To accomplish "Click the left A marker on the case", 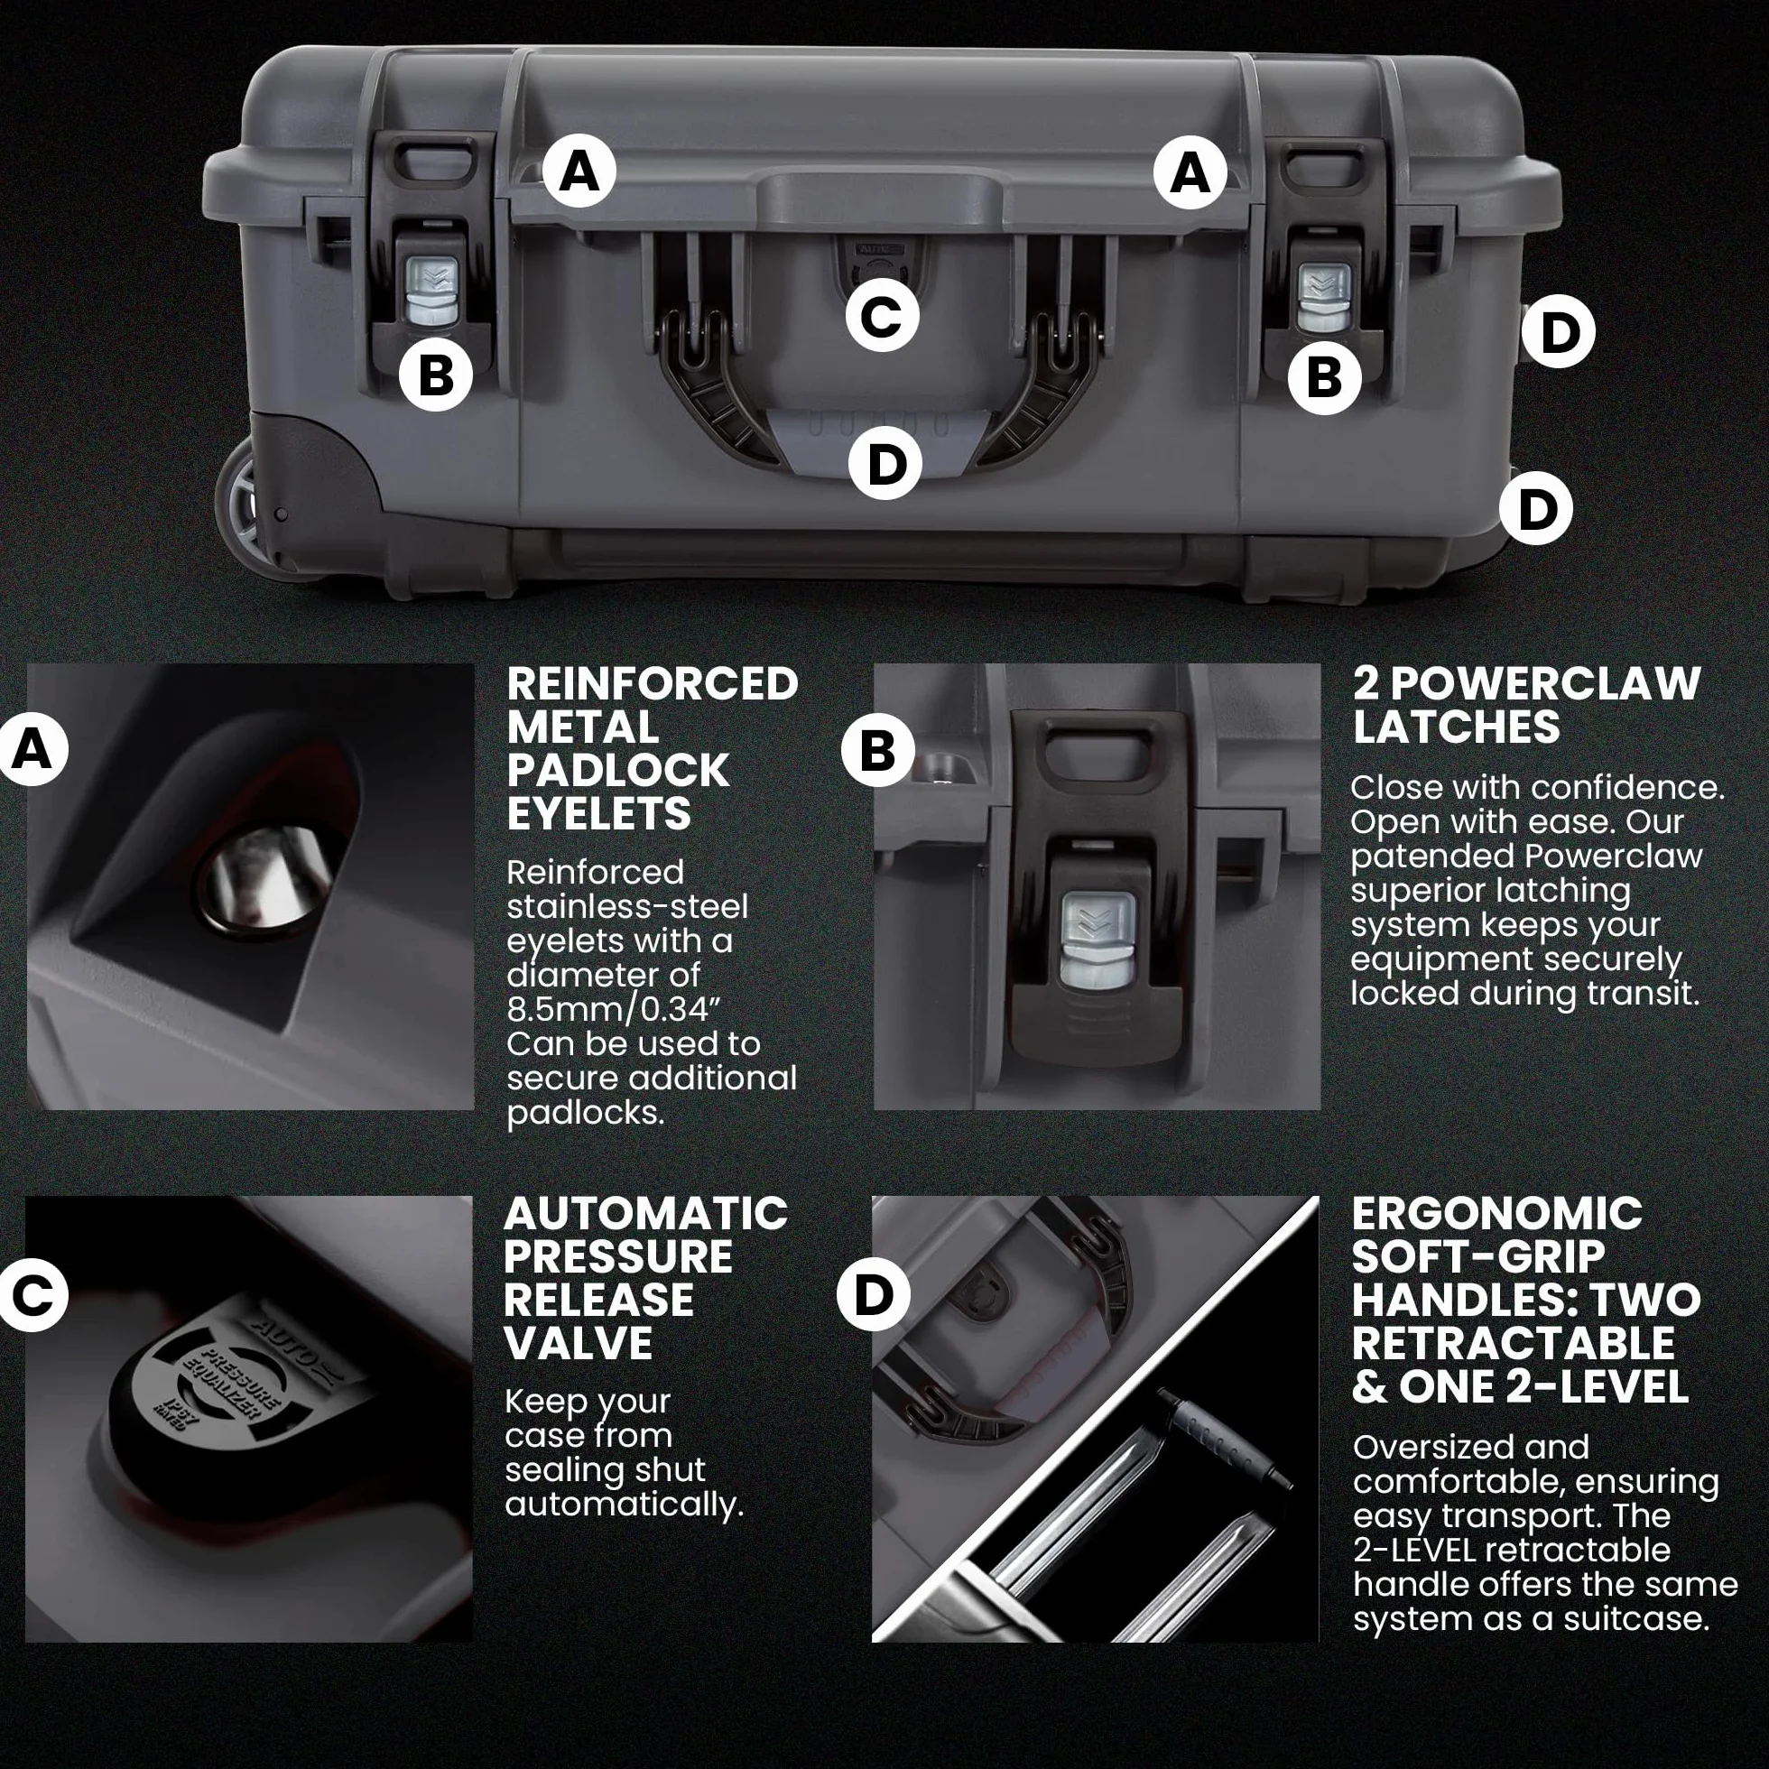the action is point(579,171).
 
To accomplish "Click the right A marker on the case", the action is point(1190,172).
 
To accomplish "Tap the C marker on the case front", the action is point(882,316).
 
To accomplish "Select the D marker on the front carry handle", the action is point(885,462).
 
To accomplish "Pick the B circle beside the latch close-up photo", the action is point(877,750).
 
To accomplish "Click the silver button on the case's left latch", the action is point(431,292).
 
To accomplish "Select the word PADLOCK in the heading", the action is point(618,771).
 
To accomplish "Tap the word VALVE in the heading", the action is point(579,1343).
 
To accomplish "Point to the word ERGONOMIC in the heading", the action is point(1497,1214).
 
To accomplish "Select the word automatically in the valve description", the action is point(624,1505).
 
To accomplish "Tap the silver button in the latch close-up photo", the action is point(1098,940).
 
